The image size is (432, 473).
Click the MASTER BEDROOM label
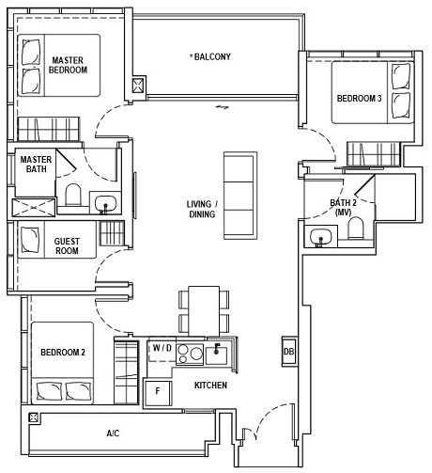point(69,65)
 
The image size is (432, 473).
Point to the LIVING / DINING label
point(201,209)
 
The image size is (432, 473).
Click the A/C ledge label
point(113,434)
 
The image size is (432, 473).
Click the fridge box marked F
point(158,390)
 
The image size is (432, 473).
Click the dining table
point(204,309)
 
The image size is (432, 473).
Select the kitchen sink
point(218,355)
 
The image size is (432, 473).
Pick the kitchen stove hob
point(190,355)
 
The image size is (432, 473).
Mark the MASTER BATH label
point(36,165)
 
